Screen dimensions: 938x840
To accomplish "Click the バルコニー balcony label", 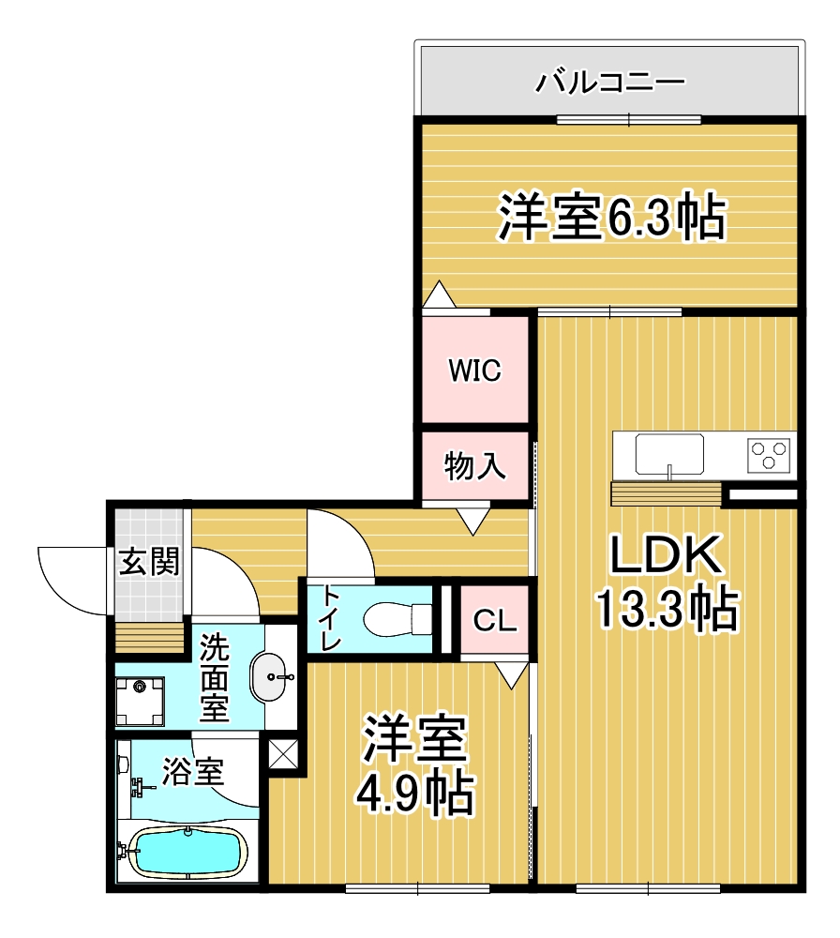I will [609, 83].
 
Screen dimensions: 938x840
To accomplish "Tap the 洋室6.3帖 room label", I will [610, 219].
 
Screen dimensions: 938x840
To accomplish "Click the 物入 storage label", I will [474, 465].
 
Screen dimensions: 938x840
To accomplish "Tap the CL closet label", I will [492, 620].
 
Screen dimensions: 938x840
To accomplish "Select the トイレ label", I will [330, 617].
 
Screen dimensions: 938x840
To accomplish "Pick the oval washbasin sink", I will [273, 675].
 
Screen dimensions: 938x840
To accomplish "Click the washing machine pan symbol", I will [140, 702].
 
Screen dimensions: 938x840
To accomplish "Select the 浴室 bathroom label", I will [192, 772].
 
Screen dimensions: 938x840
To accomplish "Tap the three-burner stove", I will [770, 455].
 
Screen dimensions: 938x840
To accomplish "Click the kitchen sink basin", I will [669, 454].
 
